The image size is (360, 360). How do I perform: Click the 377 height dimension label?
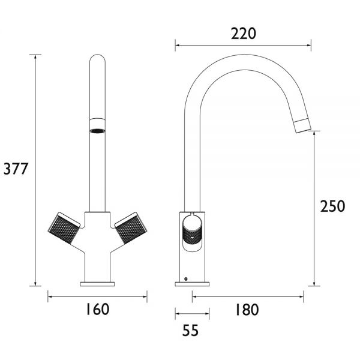pos(16,169)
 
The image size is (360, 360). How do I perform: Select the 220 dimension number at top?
pos(244,34)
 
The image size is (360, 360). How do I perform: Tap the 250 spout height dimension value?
pos(332,206)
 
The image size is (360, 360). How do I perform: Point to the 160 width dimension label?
pos(98,309)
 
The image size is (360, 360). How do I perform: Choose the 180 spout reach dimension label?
pos(247,310)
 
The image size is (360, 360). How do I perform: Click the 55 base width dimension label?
pos(190,331)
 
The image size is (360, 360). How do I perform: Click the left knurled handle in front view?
pos(64,228)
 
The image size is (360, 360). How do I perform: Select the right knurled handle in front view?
pos(131,228)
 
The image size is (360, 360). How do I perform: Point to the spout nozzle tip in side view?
pos(302,126)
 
